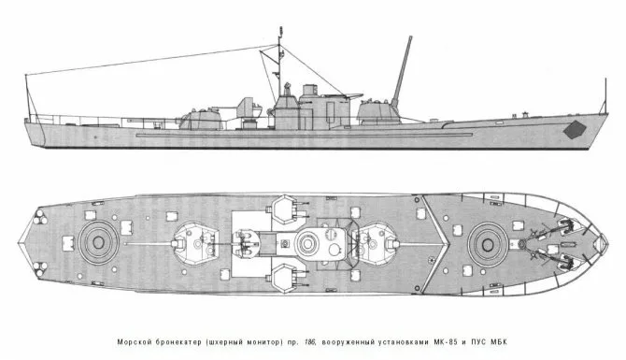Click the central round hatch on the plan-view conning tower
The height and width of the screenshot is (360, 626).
308,244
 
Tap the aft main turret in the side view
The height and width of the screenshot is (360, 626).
203,118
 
